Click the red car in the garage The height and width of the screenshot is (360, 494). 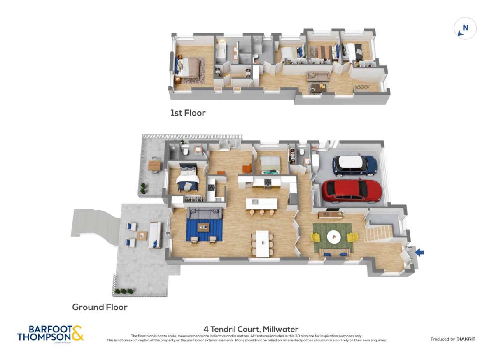(352, 191)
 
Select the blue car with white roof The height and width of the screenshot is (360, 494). (354, 165)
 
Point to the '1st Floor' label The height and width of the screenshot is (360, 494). (188, 113)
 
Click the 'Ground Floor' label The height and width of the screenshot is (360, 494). (100, 307)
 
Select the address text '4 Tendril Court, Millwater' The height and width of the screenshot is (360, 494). (251, 329)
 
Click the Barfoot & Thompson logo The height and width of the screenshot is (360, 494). (50, 333)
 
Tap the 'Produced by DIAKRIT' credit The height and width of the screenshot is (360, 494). (452, 339)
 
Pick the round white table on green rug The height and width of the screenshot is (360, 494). (333, 236)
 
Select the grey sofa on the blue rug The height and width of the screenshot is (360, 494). (205, 213)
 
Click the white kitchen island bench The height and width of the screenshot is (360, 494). (261, 203)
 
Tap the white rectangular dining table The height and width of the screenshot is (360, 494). (262, 244)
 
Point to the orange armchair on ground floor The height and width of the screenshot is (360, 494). (247, 169)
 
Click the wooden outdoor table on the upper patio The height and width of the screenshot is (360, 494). (154, 165)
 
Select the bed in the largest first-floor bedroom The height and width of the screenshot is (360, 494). (190, 67)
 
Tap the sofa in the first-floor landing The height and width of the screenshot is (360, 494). (318, 77)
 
